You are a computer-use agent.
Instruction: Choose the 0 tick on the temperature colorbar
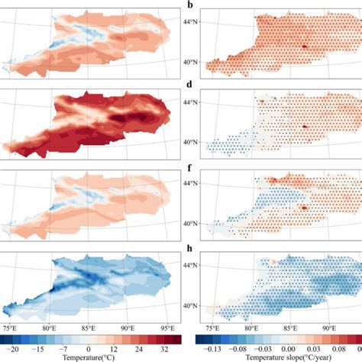(89, 349)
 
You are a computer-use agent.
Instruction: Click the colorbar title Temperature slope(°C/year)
(277, 357)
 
